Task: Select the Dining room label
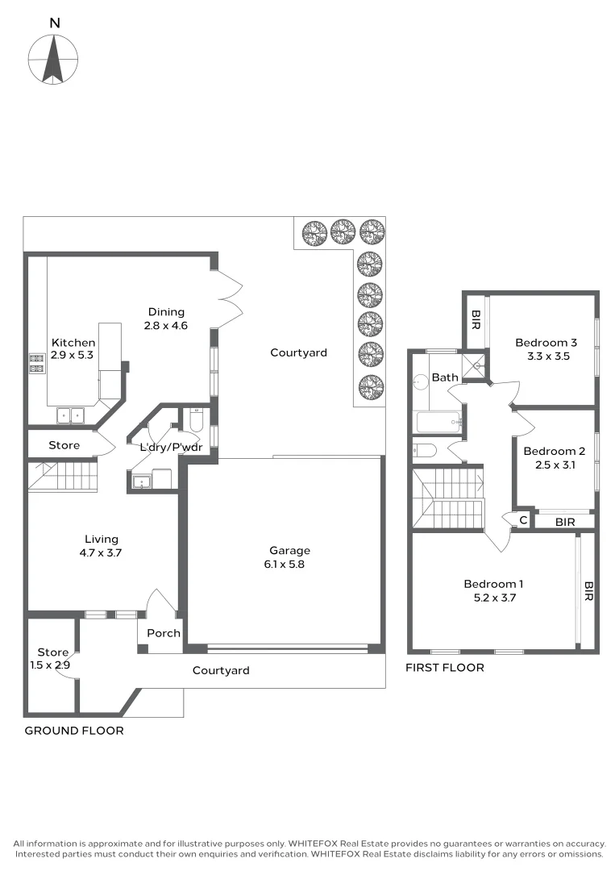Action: pos(166,319)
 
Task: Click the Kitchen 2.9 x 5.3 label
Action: pos(73,349)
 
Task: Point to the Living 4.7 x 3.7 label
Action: pos(102,546)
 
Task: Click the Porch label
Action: pos(164,633)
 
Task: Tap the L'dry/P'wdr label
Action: pos(170,448)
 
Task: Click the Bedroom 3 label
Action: pos(546,348)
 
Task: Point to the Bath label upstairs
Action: pos(445,377)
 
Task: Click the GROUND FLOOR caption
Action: pos(74,731)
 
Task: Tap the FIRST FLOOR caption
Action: pos(444,668)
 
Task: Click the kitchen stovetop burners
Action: pos(36,364)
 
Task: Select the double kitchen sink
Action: pos(72,416)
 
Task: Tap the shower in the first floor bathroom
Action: pos(476,364)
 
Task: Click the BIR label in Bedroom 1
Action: pos(588,592)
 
